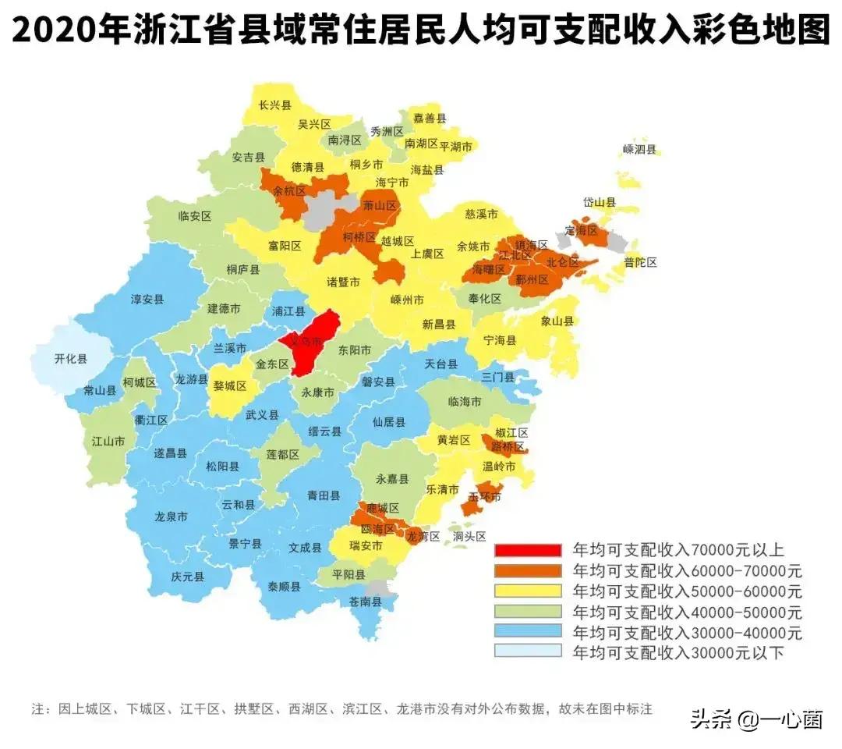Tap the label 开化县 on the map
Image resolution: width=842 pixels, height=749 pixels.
click(x=71, y=359)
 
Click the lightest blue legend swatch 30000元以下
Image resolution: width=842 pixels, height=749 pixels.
click(x=527, y=651)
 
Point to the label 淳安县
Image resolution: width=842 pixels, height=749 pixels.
click(x=147, y=299)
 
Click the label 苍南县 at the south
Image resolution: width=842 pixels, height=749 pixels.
click(x=365, y=602)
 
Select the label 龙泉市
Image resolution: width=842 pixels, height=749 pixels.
click(x=171, y=516)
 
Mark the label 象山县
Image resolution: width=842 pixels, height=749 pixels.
click(x=557, y=321)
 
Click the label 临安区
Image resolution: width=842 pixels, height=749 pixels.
click(x=195, y=216)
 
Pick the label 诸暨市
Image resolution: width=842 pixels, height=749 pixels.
click(x=343, y=282)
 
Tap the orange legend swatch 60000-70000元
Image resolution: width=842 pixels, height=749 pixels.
click(x=527, y=570)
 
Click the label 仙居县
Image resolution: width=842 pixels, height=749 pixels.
click(x=388, y=422)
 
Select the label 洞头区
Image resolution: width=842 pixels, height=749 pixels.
click(x=470, y=537)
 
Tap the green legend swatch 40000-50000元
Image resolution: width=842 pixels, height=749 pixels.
click(x=527, y=610)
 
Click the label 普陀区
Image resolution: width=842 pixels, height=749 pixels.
click(x=640, y=263)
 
